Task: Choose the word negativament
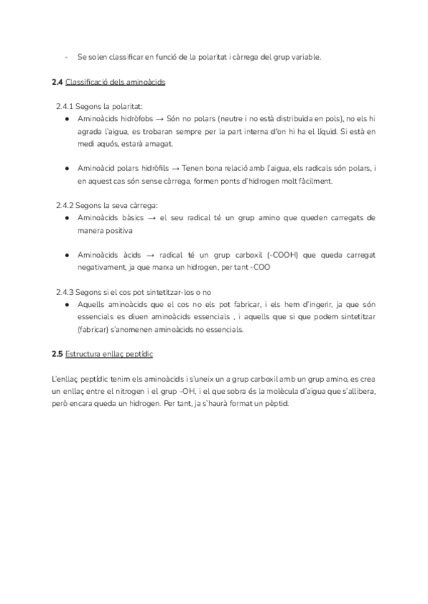point(104,267)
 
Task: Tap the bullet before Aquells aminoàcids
point(66,304)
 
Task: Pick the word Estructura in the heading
point(83,353)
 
